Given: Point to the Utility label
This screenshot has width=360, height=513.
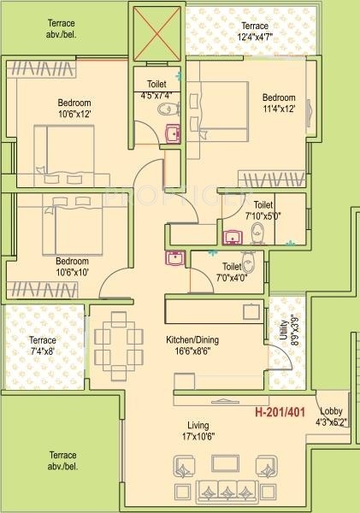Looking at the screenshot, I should (283, 328).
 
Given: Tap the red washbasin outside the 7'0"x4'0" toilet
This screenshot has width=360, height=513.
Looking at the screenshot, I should (174, 257).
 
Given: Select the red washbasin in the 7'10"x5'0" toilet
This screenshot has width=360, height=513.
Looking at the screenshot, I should (231, 236).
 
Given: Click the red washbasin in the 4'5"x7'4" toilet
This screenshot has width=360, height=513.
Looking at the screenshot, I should (171, 133).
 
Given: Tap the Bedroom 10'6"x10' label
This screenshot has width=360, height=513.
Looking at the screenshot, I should (72, 266).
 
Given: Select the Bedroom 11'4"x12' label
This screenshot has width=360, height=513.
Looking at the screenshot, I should (278, 103).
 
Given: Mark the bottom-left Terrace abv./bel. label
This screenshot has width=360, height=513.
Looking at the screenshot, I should (62, 460).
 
